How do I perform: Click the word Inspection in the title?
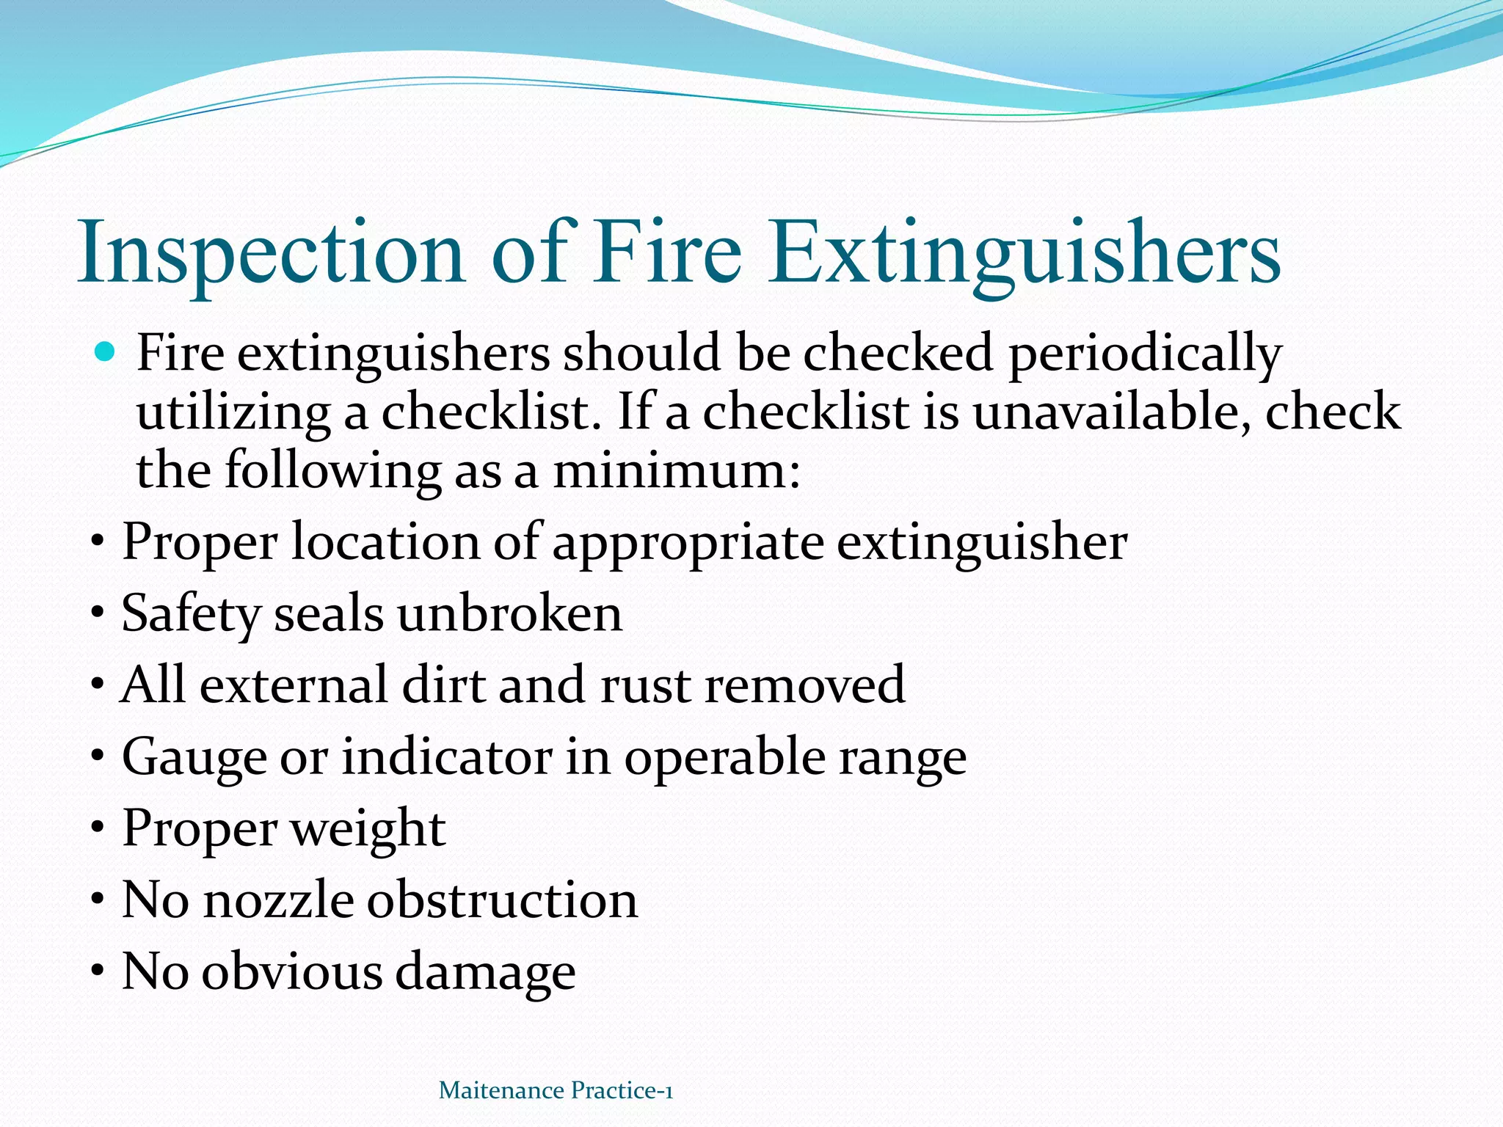pos(272,253)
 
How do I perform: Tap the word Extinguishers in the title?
pos(1025,253)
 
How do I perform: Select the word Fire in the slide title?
pos(668,253)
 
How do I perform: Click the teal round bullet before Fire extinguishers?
pos(106,353)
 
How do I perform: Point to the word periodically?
pos(1145,354)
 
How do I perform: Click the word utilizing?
pos(233,412)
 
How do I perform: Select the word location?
pos(385,542)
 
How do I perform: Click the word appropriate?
pos(688,544)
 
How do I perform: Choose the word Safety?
pos(191,613)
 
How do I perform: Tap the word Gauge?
pos(194,757)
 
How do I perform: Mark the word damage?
pos(485,973)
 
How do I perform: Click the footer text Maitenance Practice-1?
pos(556,1090)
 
